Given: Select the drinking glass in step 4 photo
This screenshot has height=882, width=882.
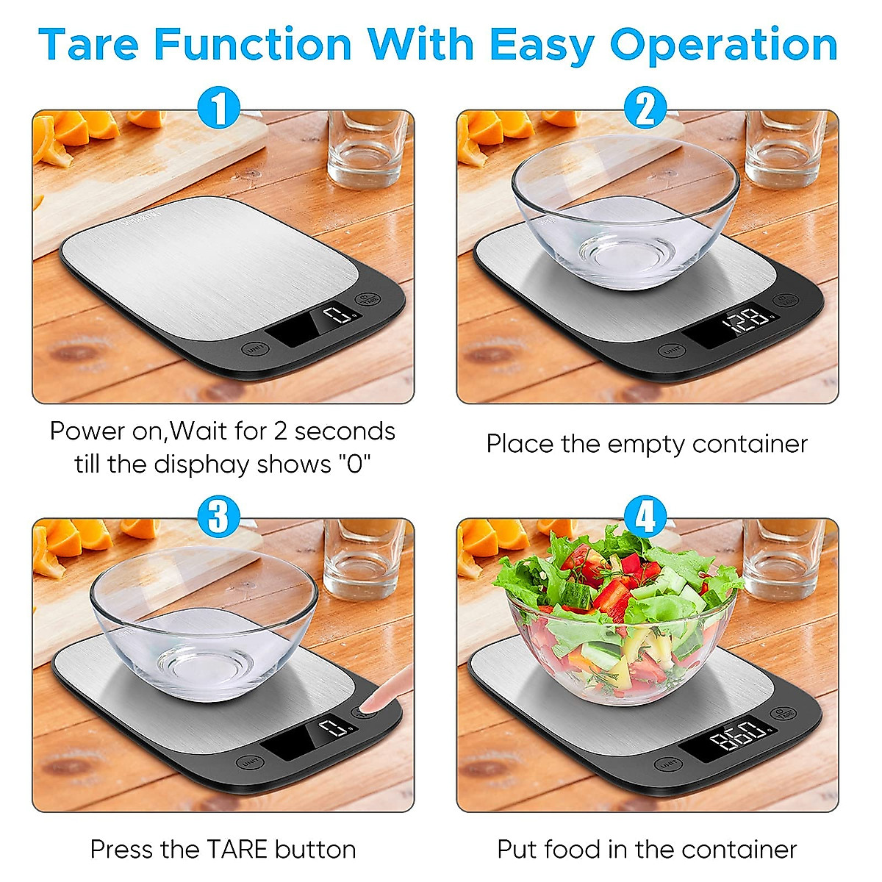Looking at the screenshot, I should tap(783, 559).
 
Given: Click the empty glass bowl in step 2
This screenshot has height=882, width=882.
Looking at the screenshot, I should tap(625, 209).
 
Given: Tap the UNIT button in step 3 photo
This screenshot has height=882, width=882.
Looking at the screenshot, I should tap(248, 761).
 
